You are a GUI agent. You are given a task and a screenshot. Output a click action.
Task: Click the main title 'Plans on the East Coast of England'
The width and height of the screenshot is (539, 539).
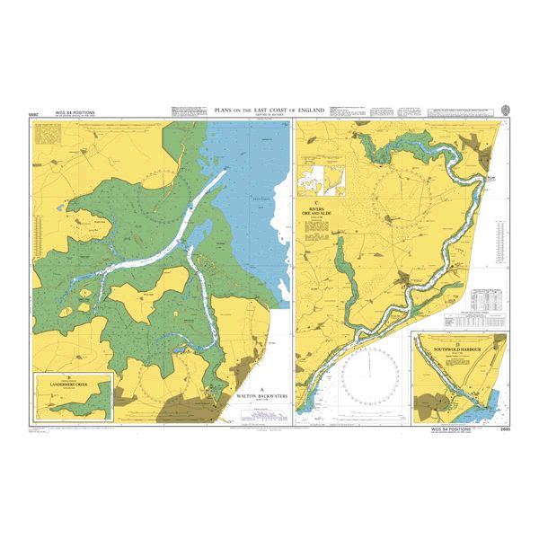click(x=269, y=108)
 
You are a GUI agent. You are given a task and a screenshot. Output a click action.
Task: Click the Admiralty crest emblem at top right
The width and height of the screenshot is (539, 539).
click(x=506, y=109)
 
